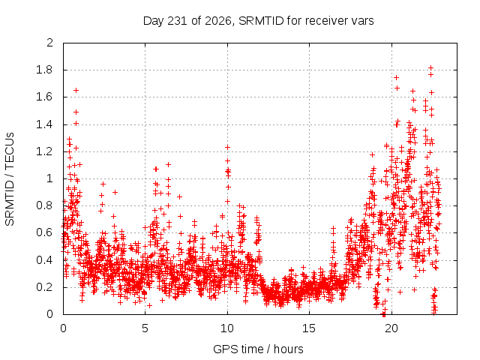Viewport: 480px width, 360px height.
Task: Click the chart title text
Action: [258, 21]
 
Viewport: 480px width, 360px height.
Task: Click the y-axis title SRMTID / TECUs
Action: [10, 179]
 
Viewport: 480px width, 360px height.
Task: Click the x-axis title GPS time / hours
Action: [258, 349]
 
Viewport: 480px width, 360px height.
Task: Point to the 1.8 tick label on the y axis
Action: [44, 70]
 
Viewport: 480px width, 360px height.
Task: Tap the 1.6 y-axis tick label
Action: [44, 97]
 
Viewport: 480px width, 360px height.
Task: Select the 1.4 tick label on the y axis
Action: [44, 124]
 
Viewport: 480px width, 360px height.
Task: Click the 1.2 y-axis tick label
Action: [44, 151]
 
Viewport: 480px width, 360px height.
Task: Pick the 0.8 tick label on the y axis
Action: [44, 205]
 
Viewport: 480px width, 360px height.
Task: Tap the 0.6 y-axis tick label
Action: [44, 232]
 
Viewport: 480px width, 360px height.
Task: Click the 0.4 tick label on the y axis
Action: [44, 260]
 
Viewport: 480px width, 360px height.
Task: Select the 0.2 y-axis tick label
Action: [44, 287]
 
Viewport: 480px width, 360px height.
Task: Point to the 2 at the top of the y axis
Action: [50, 43]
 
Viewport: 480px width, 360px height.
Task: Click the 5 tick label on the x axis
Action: [145, 328]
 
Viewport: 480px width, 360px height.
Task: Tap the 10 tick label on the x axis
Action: [227, 328]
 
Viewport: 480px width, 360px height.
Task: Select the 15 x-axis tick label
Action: [309, 328]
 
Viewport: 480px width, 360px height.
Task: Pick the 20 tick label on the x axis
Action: [391, 328]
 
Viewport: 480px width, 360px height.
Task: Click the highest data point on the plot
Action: [430, 67]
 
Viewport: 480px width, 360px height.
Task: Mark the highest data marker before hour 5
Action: [76, 90]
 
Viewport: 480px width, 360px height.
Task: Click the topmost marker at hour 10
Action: [227, 147]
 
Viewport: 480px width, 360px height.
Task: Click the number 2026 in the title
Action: [217, 21]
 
